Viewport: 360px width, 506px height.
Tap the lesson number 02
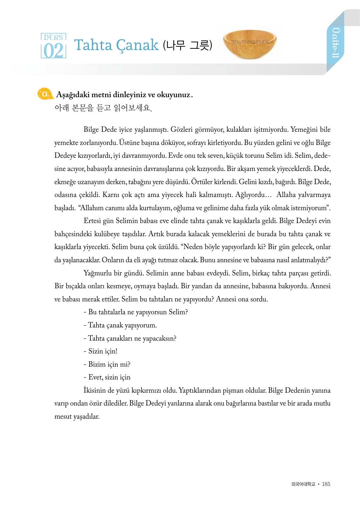53,51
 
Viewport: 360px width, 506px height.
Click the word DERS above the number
53,37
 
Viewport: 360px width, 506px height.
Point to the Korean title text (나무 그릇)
188,45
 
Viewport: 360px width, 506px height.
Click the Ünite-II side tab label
335,42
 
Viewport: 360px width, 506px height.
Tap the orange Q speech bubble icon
45,94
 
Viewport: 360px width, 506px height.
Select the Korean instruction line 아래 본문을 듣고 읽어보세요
103,108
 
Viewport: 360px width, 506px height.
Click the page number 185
326,484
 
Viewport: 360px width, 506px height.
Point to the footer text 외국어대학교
303,484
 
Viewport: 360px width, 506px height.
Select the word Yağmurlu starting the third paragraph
97,273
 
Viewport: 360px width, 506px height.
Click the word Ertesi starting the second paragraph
94,221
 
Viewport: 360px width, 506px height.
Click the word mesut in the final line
63,416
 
